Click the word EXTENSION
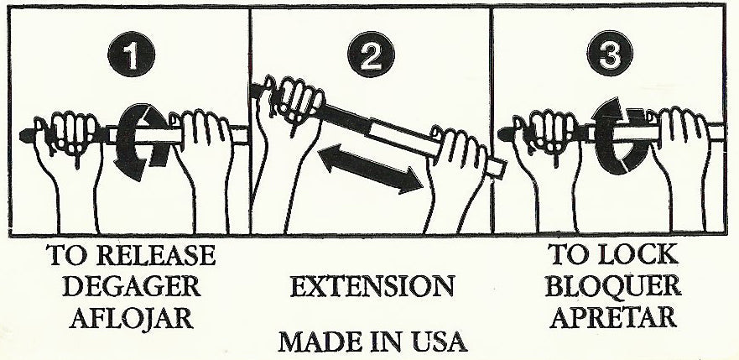pyautogui.click(x=372, y=286)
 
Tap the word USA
pyautogui.click(x=434, y=343)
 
